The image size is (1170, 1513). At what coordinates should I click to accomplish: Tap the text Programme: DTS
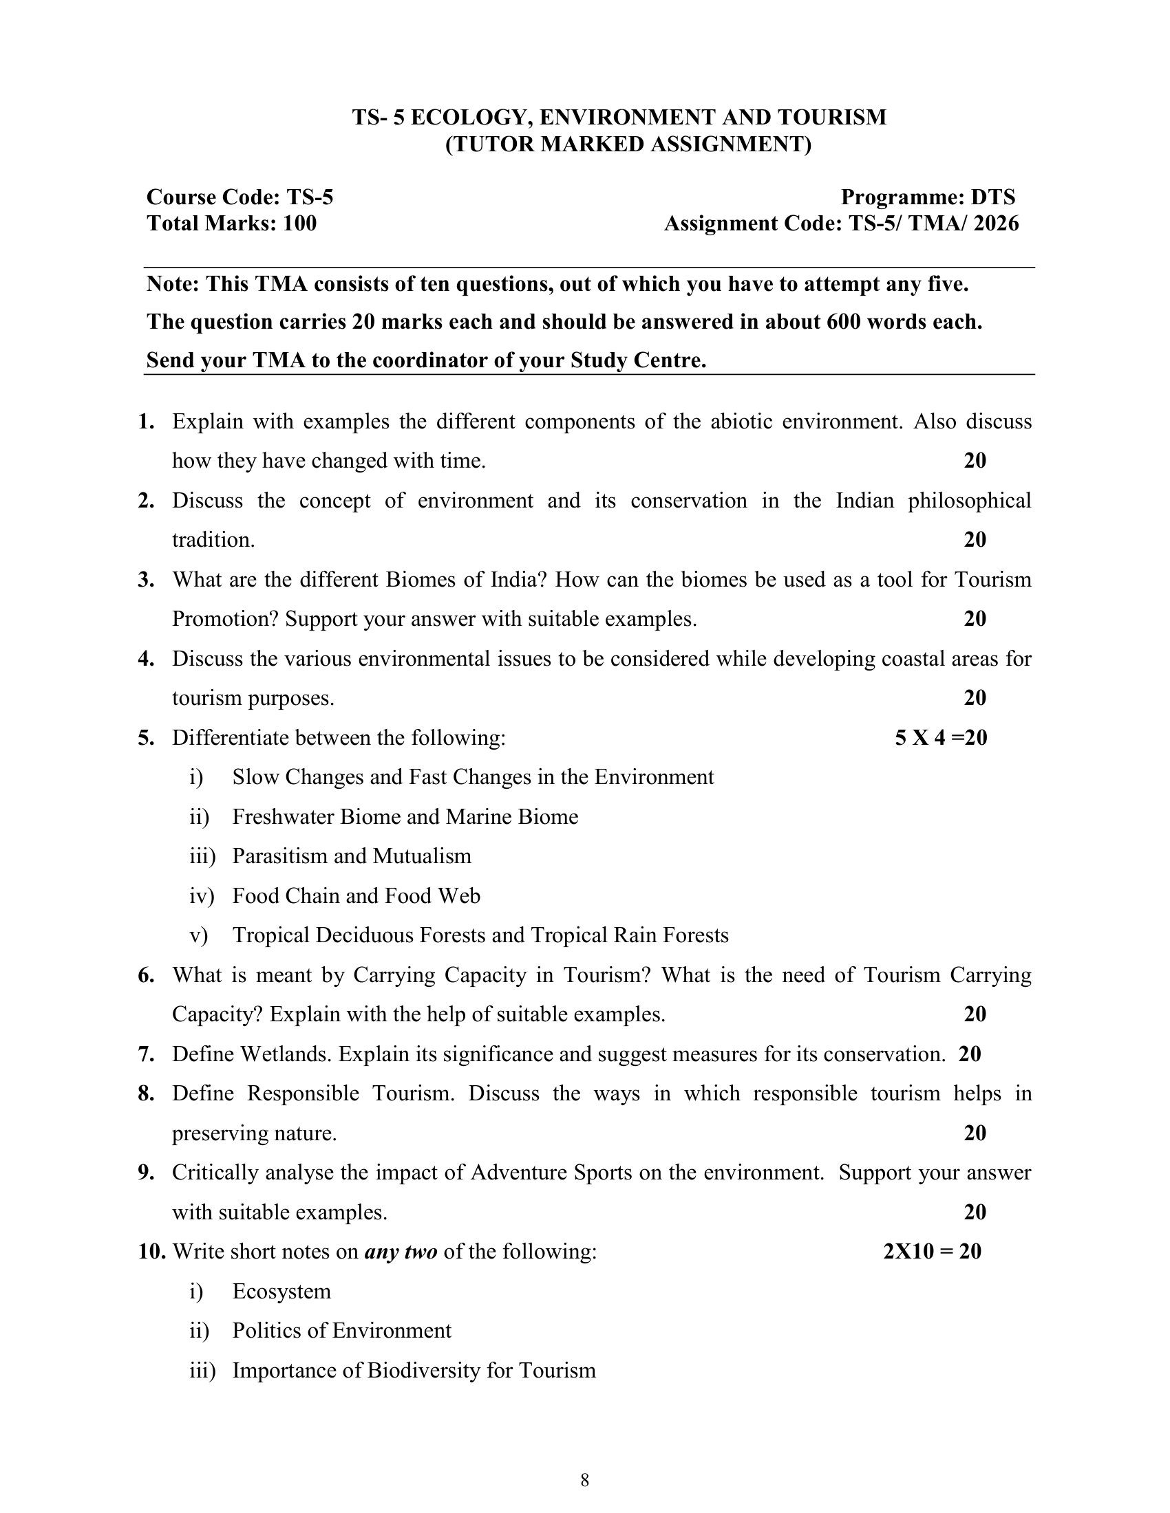[928, 197]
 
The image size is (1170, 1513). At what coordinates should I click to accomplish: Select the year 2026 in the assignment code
[995, 224]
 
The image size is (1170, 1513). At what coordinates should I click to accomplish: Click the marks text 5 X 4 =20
[941, 738]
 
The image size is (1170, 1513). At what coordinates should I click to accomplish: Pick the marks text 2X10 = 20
[933, 1252]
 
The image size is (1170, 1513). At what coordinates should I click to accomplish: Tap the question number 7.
[145, 1054]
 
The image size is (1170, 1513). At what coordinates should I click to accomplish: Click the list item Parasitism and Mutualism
[352, 856]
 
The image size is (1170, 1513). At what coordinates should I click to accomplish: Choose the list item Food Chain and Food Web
[356, 895]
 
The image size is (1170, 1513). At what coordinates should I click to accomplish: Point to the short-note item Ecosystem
[281, 1292]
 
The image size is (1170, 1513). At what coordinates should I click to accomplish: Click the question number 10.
[152, 1252]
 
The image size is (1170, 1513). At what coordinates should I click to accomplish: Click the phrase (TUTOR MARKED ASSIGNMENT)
[627, 145]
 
